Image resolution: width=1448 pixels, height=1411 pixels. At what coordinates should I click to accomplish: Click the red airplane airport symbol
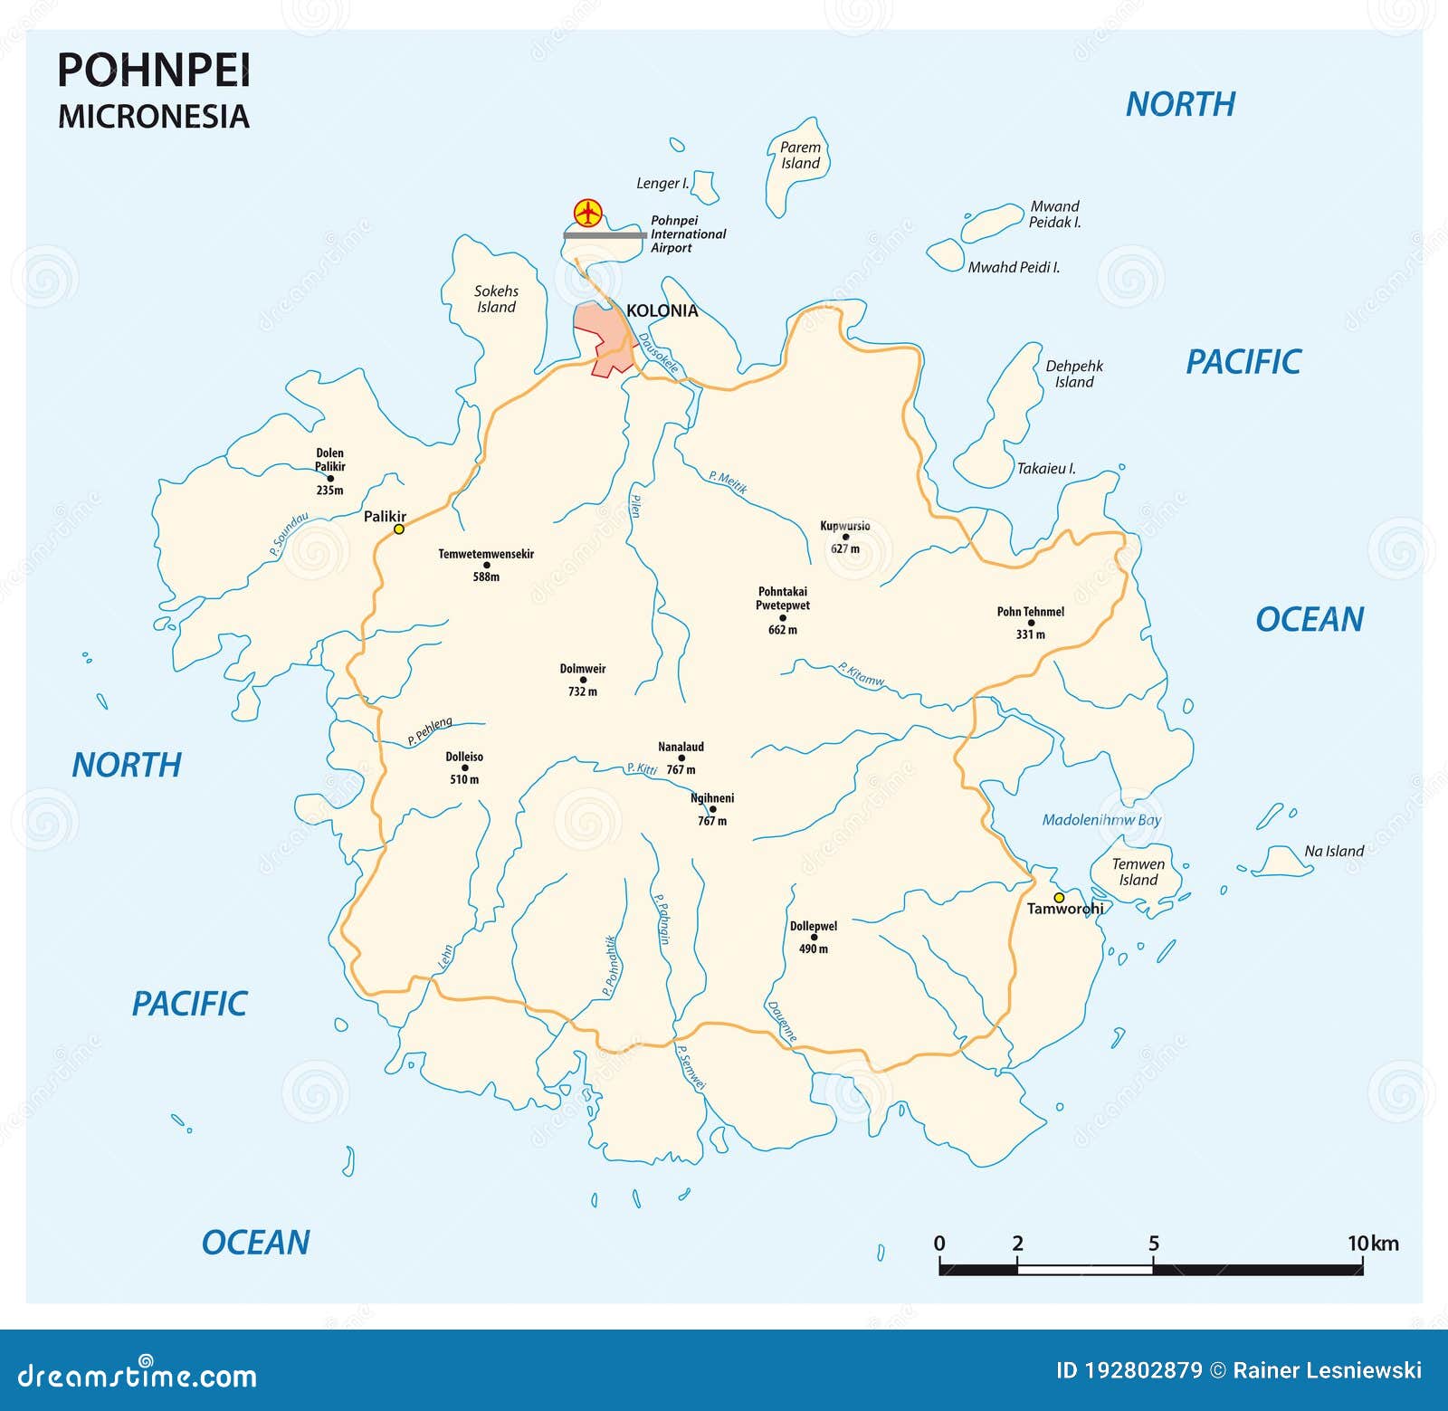click(588, 214)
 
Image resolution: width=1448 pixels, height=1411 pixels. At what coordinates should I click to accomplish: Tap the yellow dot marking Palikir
click(398, 529)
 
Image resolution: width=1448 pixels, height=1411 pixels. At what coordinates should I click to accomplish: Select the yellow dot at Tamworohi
click(1059, 898)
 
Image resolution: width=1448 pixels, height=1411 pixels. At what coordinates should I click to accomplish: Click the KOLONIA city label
click(662, 310)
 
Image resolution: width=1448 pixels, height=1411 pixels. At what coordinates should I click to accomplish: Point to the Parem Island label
click(800, 155)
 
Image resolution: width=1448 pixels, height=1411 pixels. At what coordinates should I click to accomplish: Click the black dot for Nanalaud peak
click(681, 758)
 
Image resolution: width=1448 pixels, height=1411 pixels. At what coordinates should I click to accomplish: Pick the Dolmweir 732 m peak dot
click(583, 680)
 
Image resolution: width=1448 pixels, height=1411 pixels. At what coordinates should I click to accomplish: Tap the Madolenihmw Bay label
click(1101, 820)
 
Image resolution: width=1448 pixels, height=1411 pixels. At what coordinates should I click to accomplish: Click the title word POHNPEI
click(154, 71)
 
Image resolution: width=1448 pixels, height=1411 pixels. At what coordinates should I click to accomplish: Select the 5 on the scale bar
click(1153, 1244)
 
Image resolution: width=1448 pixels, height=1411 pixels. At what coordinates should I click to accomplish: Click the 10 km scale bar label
click(1372, 1244)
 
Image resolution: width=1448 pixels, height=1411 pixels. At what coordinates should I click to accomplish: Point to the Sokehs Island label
click(496, 299)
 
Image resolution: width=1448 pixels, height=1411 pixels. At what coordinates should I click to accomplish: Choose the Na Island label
click(1333, 851)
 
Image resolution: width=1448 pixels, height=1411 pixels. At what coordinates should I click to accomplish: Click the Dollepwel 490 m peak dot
click(814, 938)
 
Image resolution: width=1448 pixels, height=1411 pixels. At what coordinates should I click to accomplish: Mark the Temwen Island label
click(1138, 872)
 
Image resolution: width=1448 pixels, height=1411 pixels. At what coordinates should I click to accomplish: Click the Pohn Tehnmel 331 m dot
click(1031, 623)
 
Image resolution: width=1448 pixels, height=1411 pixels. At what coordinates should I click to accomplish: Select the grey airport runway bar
click(605, 235)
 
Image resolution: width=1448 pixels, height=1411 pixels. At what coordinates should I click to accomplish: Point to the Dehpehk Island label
click(1074, 374)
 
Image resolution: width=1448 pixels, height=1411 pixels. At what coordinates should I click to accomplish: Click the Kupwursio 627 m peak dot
click(846, 537)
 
